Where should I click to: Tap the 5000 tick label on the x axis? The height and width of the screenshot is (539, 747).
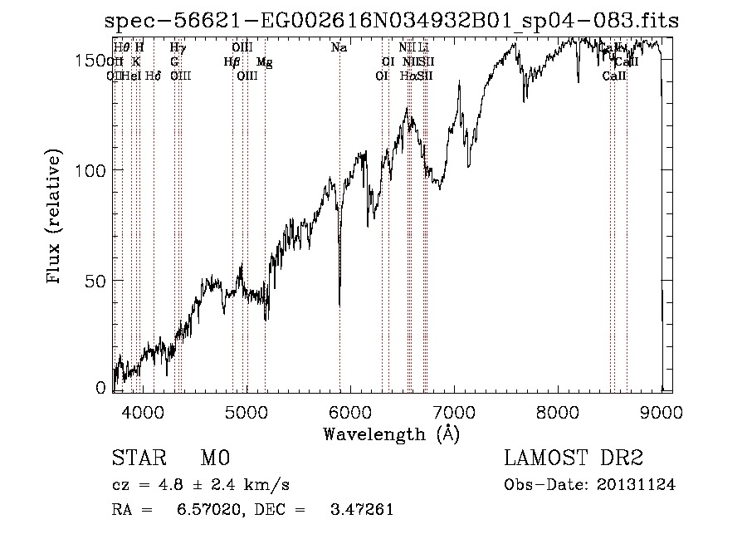(247, 411)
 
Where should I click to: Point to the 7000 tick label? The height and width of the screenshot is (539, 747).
(455, 411)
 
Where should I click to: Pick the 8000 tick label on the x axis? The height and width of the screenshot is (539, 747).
(559, 411)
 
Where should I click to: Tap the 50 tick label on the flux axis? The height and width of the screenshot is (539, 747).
(98, 280)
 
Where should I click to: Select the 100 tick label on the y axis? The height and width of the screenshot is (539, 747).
(93, 169)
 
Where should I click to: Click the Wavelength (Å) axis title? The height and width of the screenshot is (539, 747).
(391, 434)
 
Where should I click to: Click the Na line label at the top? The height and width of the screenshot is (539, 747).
(339, 48)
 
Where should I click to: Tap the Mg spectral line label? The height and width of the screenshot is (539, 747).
(264, 61)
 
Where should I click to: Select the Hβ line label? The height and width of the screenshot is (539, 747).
(232, 61)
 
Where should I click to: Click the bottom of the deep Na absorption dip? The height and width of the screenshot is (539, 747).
(339, 303)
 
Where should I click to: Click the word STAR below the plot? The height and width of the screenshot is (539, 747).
(136, 458)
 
